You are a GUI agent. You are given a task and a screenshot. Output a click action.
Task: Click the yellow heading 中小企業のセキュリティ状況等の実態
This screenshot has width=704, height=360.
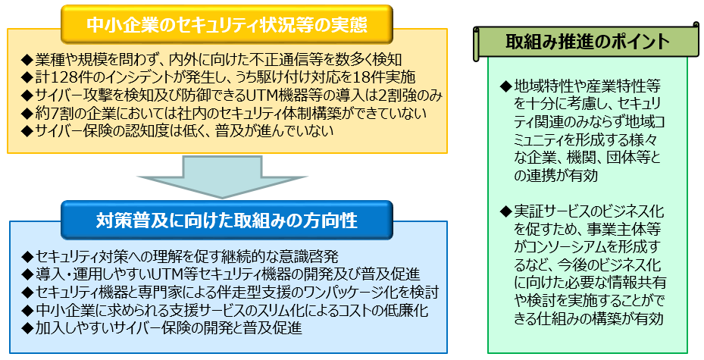coord(227,25)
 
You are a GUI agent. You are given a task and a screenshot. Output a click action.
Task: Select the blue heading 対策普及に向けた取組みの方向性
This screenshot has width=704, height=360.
coord(227,221)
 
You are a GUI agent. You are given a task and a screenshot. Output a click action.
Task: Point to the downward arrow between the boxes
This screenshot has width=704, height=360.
coord(222,176)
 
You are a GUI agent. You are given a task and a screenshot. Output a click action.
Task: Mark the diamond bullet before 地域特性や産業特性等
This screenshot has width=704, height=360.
coord(506,86)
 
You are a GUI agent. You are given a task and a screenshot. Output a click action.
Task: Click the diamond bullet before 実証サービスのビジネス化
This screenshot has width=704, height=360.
coord(506,211)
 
